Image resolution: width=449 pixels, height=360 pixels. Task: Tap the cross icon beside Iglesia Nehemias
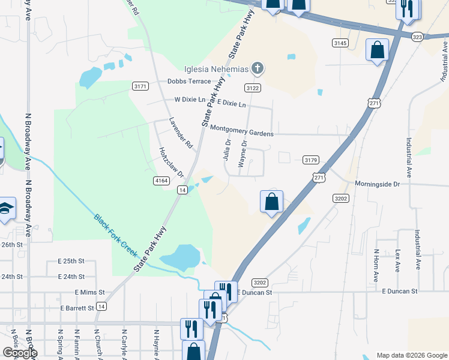click(257, 68)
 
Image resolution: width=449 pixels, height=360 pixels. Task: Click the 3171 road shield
click(140, 86)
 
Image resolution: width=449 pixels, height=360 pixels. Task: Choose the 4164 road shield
click(161, 180)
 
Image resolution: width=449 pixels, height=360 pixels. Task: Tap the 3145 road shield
click(340, 43)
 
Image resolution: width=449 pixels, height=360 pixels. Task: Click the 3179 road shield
click(310, 160)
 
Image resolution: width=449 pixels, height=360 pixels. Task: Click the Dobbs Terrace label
click(189, 81)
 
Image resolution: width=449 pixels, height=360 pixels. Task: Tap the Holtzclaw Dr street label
click(171, 162)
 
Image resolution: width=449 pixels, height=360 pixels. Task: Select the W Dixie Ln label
click(190, 100)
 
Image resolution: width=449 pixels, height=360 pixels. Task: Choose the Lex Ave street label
click(397, 260)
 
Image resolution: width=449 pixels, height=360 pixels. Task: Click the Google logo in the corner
click(20, 353)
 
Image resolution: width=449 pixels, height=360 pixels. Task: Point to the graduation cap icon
click(6, 209)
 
